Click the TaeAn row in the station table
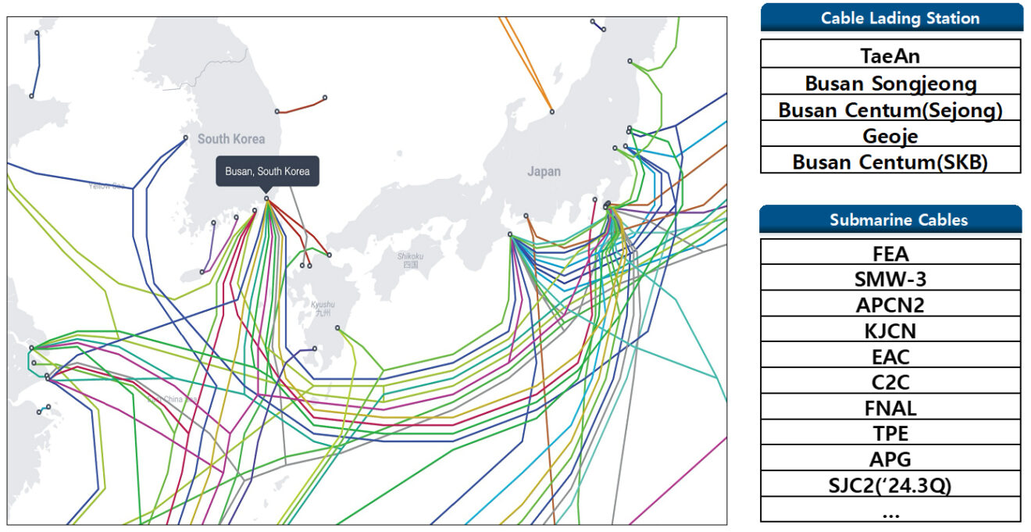pyautogui.click(x=890, y=55)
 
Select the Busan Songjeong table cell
pyautogui.click(x=890, y=83)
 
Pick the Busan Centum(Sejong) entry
pyautogui.click(x=890, y=109)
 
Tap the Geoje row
pyautogui.click(x=890, y=136)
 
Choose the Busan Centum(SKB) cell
pyautogui.click(x=890, y=162)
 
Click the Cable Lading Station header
pyautogui.click(x=890, y=18)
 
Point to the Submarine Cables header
pyautogui.click(x=890, y=220)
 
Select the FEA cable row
pyautogui.click(x=890, y=253)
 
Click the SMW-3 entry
pyautogui.click(x=890, y=279)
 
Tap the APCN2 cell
pyautogui.click(x=890, y=305)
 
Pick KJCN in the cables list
pyautogui.click(x=890, y=330)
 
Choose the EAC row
pyautogui.click(x=890, y=356)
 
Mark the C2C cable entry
pyautogui.click(x=890, y=382)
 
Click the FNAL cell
pyautogui.click(x=890, y=407)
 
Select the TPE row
pyautogui.click(x=890, y=433)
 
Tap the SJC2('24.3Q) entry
pyautogui.click(x=890, y=484)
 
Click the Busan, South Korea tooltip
pyautogui.click(x=267, y=171)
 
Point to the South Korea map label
pyautogui.click(x=230, y=139)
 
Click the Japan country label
pyautogui.click(x=544, y=171)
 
